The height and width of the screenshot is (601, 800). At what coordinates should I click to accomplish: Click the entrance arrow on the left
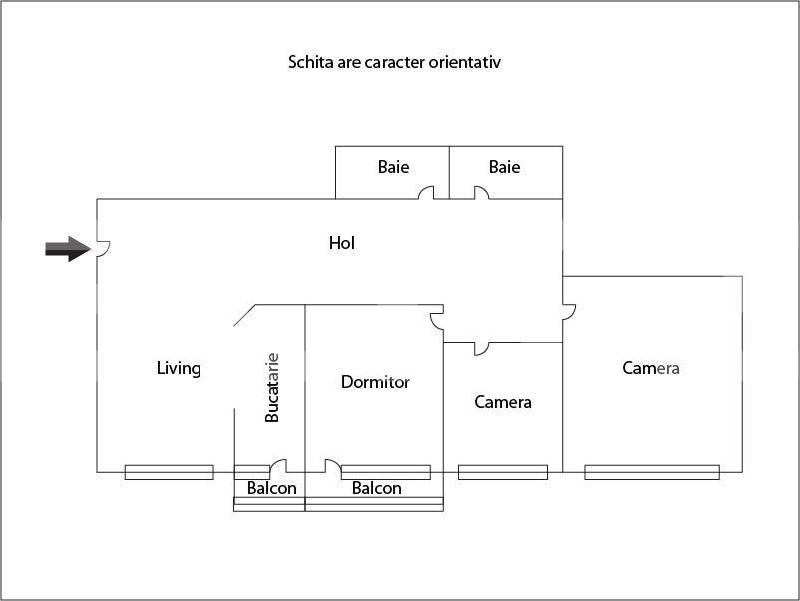[x=67, y=250]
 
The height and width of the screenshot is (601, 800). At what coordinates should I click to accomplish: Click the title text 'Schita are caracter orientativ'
[x=394, y=62]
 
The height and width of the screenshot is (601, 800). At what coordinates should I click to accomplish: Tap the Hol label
[x=342, y=243]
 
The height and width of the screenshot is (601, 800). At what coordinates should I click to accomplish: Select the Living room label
[x=179, y=368]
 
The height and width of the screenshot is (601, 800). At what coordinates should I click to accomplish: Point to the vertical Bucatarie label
[x=271, y=387]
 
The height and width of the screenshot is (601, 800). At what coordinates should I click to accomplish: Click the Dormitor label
[x=375, y=382]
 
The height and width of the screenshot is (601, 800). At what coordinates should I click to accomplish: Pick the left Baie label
[x=393, y=167]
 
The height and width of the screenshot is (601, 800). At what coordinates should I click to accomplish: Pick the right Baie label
[x=504, y=167]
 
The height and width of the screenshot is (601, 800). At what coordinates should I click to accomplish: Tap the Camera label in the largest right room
[x=651, y=368]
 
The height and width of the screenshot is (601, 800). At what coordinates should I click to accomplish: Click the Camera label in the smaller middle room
[x=503, y=402]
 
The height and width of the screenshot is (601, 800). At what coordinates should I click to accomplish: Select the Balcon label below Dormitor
[x=377, y=488]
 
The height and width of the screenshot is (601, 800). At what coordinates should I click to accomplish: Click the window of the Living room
[x=169, y=472]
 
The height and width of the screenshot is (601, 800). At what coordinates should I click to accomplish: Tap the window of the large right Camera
[x=651, y=472]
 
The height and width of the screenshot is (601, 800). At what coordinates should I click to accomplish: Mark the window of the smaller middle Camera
[x=502, y=472]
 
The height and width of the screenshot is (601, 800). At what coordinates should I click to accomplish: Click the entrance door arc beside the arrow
[x=103, y=249]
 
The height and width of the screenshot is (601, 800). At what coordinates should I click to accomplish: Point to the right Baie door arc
[x=481, y=193]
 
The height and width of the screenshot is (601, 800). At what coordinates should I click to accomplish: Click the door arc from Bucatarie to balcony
[x=278, y=466]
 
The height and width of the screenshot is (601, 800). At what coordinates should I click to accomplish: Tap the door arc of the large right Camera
[x=569, y=310]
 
